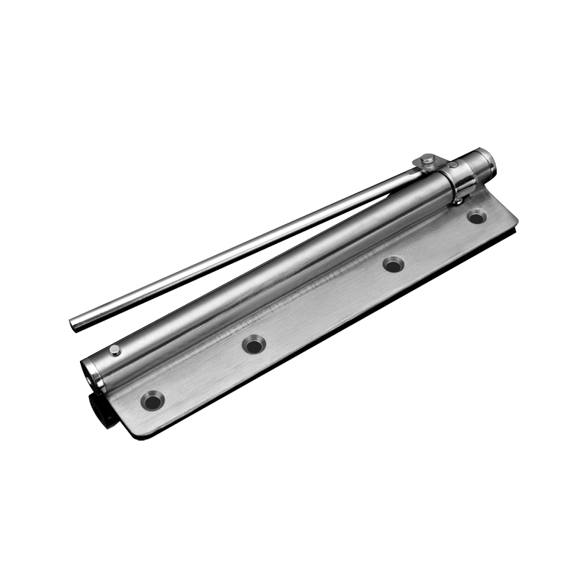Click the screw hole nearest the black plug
click(153, 401)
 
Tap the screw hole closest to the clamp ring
click(476, 217)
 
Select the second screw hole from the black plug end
click(254, 344)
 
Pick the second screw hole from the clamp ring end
click(394, 264)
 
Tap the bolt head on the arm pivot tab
click(428, 159)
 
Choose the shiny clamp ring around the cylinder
click(461, 181)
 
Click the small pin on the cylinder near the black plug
click(115, 349)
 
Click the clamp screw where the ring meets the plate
click(458, 198)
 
